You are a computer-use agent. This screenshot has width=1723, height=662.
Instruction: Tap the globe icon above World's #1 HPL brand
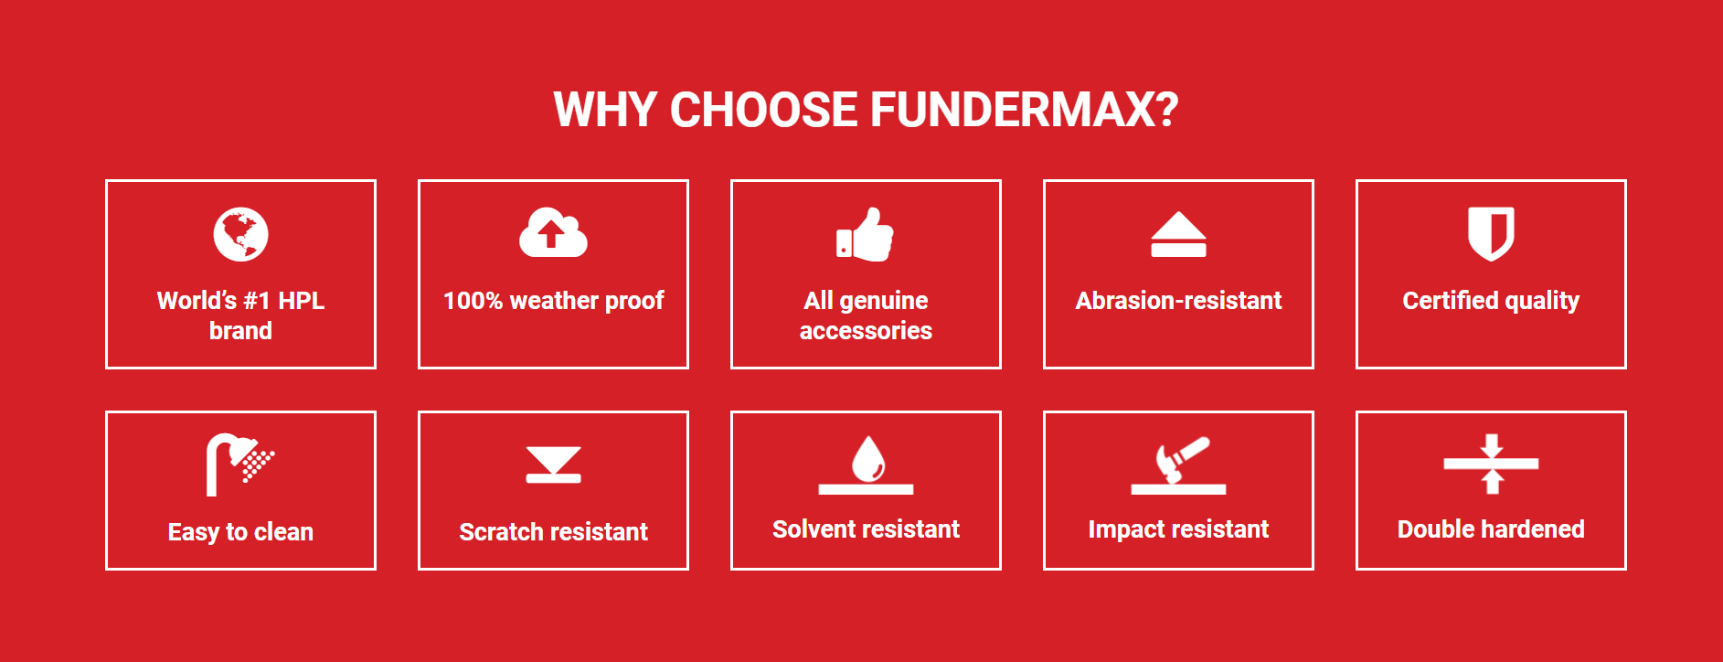[x=240, y=234]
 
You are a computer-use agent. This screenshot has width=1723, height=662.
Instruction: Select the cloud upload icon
[x=553, y=232]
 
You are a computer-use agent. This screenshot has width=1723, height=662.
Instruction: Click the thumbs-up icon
[x=865, y=234]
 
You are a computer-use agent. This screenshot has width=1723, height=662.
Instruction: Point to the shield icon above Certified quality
[x=1491, y=233]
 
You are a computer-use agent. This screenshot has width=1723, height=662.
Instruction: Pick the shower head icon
[x=239, y=464]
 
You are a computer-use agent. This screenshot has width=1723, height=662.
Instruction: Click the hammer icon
[x=1178, y=464]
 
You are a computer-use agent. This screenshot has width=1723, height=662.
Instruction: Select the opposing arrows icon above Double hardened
[x=1491, y=464]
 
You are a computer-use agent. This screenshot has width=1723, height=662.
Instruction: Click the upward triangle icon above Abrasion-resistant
[x=1178, y=234]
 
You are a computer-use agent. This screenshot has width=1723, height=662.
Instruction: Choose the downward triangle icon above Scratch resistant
[x=553, y=464]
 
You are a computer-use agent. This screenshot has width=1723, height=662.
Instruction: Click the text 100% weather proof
[x=553, y=301]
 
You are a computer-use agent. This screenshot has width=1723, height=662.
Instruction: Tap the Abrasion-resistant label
[x=1178, y=301]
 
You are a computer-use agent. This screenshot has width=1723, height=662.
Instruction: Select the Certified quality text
[x=1491, y=301]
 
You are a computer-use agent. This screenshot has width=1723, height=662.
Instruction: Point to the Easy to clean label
[x=240, y=532]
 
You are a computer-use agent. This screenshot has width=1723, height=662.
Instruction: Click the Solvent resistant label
[x=866, y=529]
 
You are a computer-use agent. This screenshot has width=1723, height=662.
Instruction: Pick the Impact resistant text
[x=1178, y=529]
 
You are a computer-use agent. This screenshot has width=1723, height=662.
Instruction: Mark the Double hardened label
[x=1491, y=529]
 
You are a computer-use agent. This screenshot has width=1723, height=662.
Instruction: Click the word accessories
[x=866, y=331]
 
